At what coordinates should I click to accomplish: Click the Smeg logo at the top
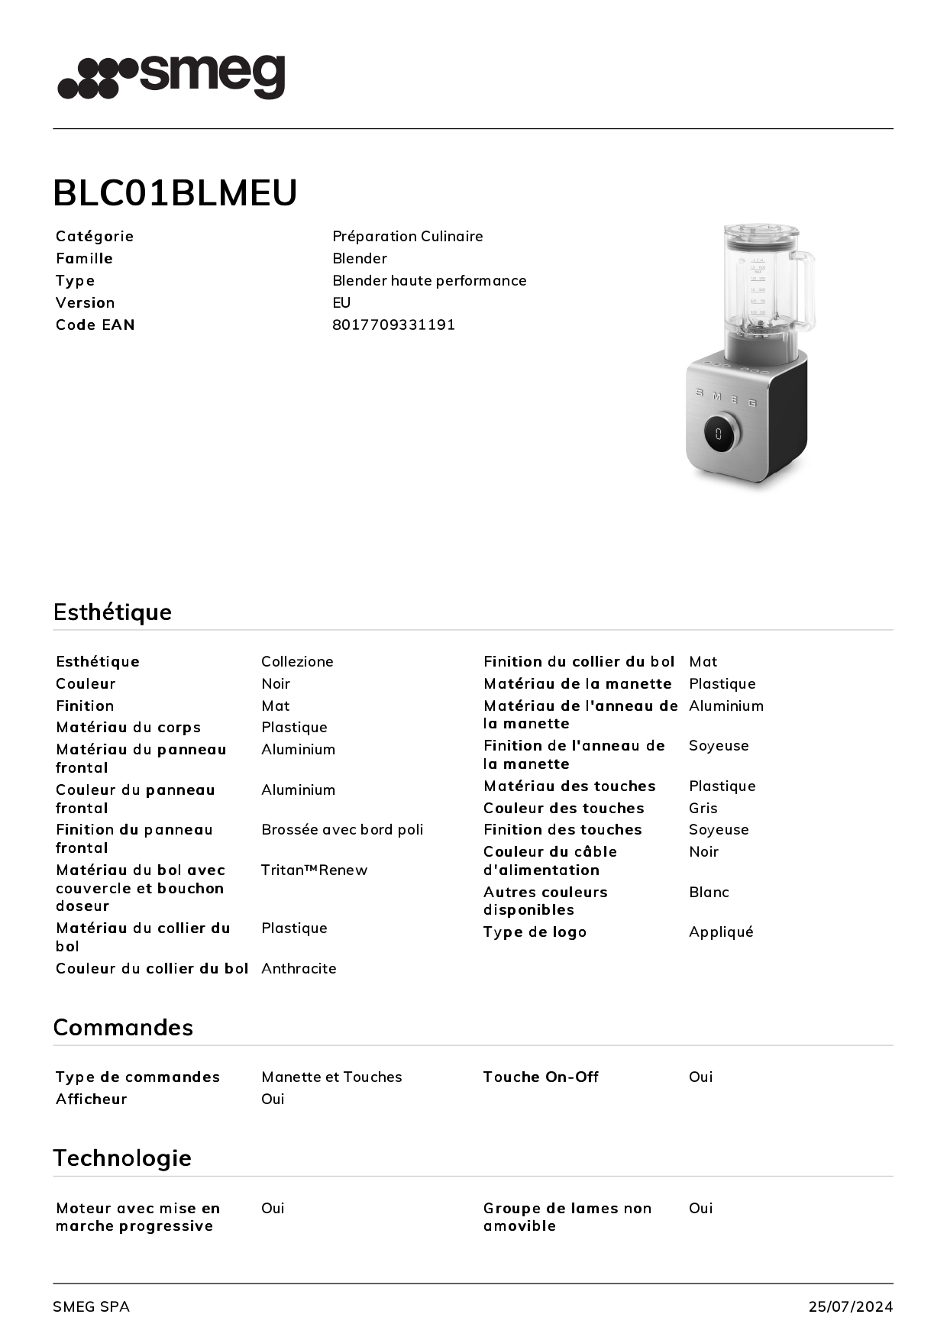click(171, 76)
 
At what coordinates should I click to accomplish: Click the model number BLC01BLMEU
click(175, 192)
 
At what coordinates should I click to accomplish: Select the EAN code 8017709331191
click(393, 325)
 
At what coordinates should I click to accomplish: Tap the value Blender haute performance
click(429, 280)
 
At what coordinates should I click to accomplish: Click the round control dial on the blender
click(719, 433)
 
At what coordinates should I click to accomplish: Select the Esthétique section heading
click(112, 612)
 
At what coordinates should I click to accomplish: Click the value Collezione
click(297, 661)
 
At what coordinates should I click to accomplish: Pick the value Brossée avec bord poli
click(342, 829)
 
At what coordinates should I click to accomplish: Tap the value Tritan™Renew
click(314, 870)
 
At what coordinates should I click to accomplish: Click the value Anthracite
click(299, 968)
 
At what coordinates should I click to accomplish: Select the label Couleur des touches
click(564, 808)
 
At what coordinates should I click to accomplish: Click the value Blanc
click(709, 892)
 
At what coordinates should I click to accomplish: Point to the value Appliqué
click(721, 932)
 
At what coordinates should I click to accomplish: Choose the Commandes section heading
click(123, 1027)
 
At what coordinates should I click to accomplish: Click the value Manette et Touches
click(331, 1077)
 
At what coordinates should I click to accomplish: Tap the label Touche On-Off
click(541, 1077)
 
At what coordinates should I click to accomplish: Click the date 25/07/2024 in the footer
click(850, 1306)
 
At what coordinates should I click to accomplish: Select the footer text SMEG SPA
click(91, 1306)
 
